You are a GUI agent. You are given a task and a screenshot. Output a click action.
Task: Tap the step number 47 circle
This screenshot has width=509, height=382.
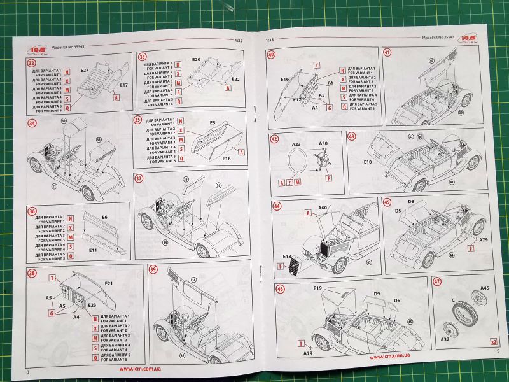click(438, 282)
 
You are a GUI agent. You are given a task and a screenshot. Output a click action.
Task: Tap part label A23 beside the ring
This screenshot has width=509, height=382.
click(296, 145)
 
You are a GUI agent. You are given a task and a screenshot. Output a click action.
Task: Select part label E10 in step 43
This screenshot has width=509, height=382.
click(368, 162)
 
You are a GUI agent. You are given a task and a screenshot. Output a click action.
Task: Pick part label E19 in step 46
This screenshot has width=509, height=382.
click(318, 288)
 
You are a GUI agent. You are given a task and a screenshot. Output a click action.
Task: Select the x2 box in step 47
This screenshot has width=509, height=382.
click(493, 342)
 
